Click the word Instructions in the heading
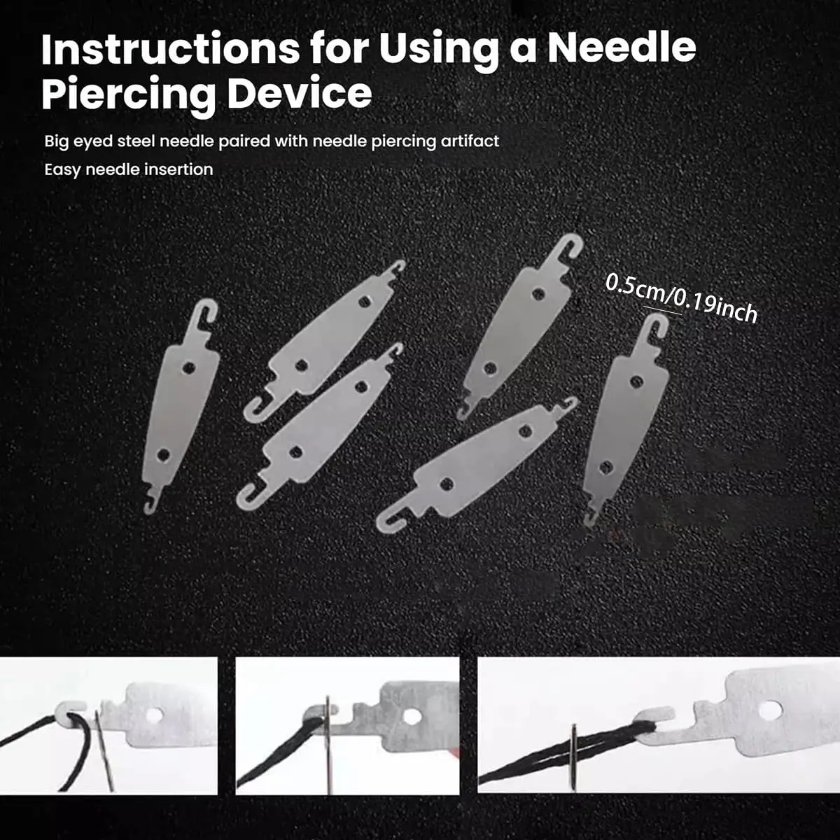coord(170,49)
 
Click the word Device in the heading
coord(300,92)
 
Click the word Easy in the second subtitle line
coord(62,170)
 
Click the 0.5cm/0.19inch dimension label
coord(681,298)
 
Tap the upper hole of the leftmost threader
coord(188,368)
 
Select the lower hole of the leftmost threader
coord(164,455)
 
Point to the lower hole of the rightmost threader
coord(605,468)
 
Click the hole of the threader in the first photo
coord(154,715)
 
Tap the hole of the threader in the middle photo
coord(411,716)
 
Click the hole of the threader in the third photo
coord(770,710)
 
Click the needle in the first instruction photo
coord(104,749)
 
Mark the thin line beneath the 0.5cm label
coord(663,310)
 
